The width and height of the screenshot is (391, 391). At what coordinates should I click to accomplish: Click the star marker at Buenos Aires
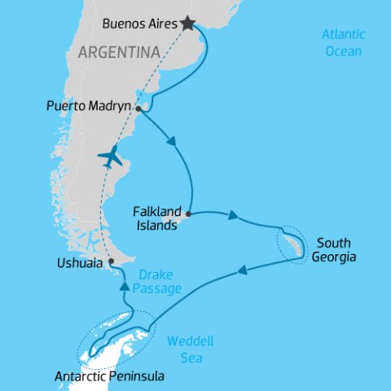(x=188, y=24)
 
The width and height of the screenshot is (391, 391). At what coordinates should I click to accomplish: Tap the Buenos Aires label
(x=141, y=24)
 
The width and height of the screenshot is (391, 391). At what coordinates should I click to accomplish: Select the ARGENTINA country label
(x=118, y=53)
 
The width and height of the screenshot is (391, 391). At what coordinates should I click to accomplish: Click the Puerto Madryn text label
(x=89, y=105)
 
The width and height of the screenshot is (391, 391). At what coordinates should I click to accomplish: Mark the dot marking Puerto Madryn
(x=138, y=108)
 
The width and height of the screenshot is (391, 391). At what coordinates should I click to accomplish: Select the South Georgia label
(x=336, y=250)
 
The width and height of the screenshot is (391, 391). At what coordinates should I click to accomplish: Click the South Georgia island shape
(x=292, y=244)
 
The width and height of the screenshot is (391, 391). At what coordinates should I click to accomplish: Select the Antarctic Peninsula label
(x=109, y=377)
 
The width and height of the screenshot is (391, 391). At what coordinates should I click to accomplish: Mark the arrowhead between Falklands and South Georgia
(x=233, y=217)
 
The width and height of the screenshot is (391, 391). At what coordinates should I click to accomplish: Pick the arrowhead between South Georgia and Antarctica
(x=242, y=270)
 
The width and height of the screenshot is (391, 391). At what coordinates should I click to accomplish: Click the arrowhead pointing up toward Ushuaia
(x=125, y=286)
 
